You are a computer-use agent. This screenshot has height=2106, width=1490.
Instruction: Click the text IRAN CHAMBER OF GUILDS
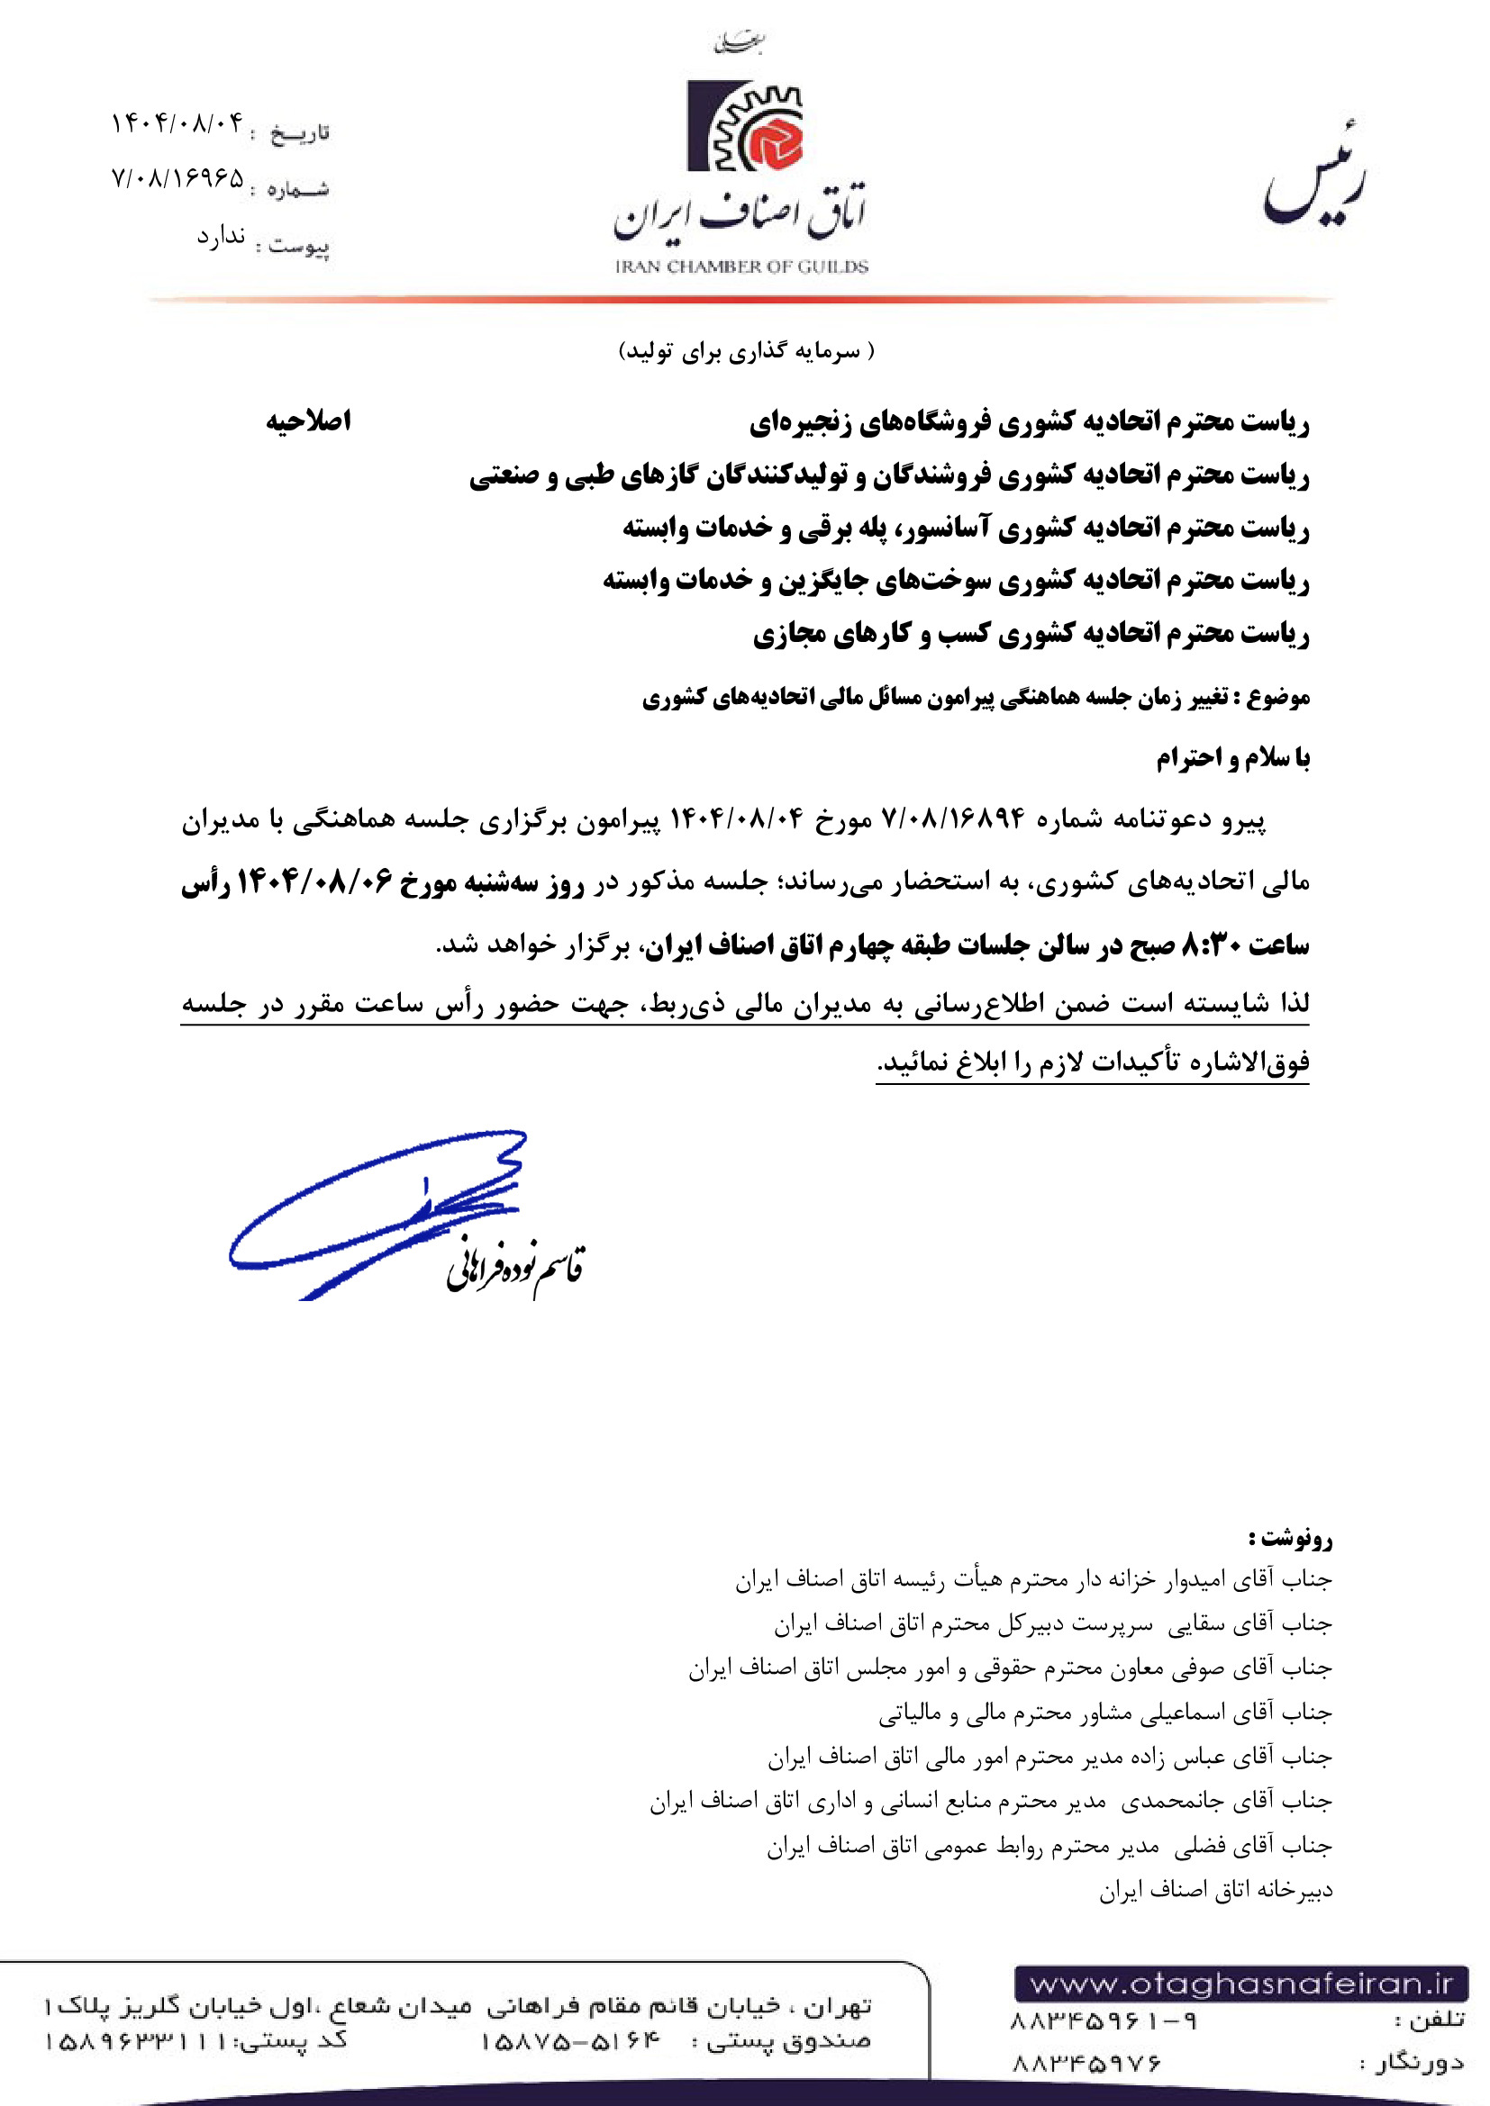coord(741,267)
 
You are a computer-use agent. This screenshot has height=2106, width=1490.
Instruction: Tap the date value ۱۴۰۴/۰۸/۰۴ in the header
coord(178,123)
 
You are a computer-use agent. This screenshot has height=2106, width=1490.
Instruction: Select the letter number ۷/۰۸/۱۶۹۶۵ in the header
coord(178,178)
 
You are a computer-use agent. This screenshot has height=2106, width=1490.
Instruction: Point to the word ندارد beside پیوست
coord(221,237)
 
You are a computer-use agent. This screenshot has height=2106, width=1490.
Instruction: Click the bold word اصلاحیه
coord(308,421)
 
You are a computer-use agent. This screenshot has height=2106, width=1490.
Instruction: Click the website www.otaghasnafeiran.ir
coord(1240,1985)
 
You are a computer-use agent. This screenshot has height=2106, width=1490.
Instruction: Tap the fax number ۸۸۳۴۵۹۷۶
coord(1086,2064)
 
